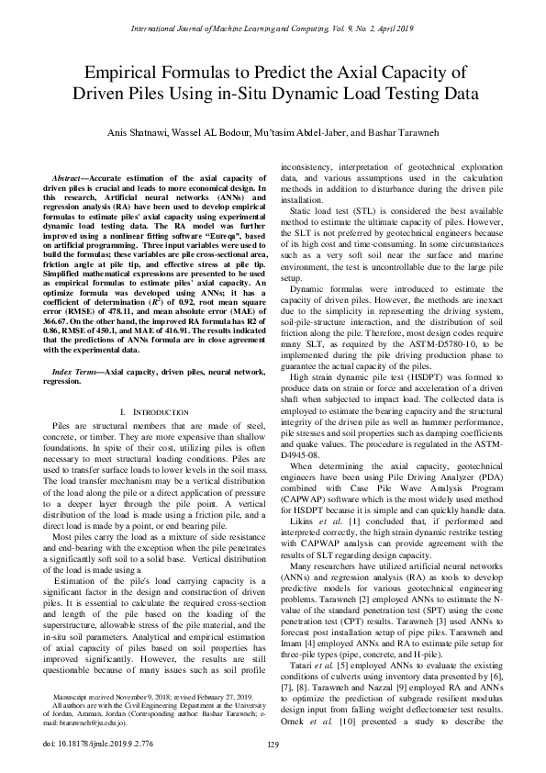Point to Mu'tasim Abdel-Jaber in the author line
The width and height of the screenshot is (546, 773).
305,130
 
